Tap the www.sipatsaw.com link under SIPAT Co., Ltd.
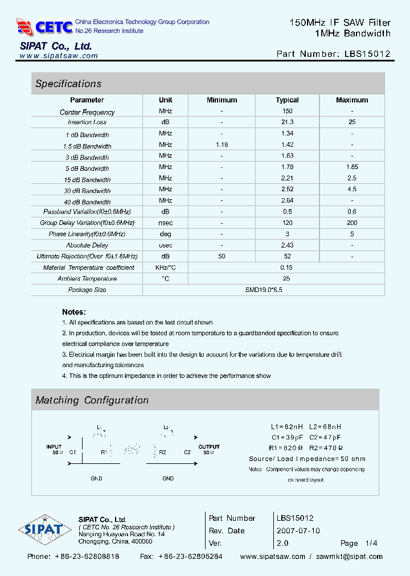[59, 56]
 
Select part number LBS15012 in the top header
[367, 54]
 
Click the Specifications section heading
[68, 84]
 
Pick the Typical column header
[287, 100]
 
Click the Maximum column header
[352, 100]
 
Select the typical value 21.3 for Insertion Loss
[287, 122]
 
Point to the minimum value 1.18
[222, 145]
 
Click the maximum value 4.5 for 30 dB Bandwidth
[352, 190]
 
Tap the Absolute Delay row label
[87, 245]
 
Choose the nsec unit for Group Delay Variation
[165, 223]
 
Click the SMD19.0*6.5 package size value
[263, 290]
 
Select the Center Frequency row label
[87, 112]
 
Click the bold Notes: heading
[74, 312]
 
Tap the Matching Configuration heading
[92, 400]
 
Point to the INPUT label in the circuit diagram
[54, 447]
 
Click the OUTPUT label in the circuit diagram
[209, 447]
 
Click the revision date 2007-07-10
[298, 530]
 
